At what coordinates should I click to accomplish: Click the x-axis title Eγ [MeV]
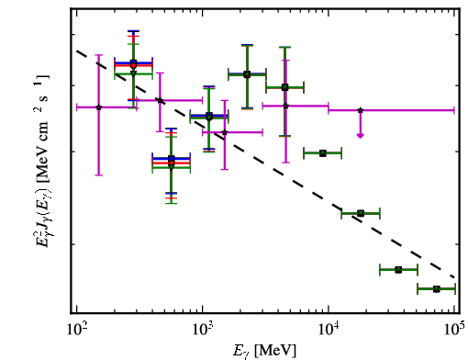click(265, 350)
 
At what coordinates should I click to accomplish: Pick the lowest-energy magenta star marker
click(98, 107)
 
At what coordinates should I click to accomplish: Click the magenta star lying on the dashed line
click(160, 100)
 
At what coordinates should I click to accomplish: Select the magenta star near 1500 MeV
click(225, 132)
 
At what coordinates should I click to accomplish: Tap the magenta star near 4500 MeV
click(285, 106)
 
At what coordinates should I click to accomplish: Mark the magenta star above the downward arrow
click(361, 110)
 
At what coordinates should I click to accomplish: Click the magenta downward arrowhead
click(361, 136)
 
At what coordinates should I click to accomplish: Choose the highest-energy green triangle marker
click(437, 288)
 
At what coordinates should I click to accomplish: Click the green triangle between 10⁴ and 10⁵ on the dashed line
click(361, 213)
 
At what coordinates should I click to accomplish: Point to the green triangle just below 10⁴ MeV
click(323, 153)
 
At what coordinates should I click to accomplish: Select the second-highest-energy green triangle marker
click(398, 270)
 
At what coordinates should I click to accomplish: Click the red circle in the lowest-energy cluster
click(133, 65)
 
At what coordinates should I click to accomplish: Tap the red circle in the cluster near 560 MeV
click(172, 163)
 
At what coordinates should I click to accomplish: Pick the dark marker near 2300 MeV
click(247, 74)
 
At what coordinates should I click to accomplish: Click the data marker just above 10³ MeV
click(209, 117)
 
